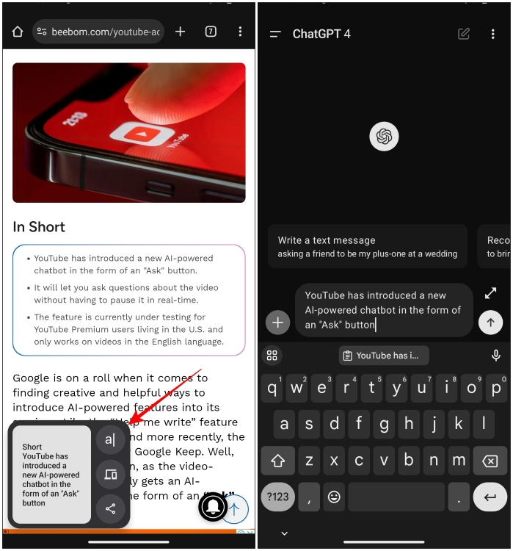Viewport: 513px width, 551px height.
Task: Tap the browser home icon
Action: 18,32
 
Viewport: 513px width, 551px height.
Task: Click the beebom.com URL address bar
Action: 98,32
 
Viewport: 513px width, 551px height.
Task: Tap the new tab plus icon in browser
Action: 181,32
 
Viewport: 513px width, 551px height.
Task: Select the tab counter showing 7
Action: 211,32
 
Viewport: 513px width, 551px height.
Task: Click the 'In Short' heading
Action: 39,227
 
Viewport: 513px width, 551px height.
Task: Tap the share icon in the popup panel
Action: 110,508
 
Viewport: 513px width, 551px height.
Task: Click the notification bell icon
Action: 213,508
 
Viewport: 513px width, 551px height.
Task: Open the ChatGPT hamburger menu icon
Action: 275,34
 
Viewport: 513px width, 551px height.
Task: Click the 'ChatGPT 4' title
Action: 321,34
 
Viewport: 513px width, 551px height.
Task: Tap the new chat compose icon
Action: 463,34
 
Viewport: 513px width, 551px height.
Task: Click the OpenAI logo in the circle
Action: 384,136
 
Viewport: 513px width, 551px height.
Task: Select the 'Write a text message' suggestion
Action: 367,247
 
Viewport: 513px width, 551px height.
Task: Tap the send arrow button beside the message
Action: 490,322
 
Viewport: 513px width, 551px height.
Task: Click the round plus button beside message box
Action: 277,322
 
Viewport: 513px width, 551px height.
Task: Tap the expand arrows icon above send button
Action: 490,293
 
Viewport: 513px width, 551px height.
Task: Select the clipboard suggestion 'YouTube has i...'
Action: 384,356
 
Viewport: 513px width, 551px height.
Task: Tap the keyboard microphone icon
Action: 496,356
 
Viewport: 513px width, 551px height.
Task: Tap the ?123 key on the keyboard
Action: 277,497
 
